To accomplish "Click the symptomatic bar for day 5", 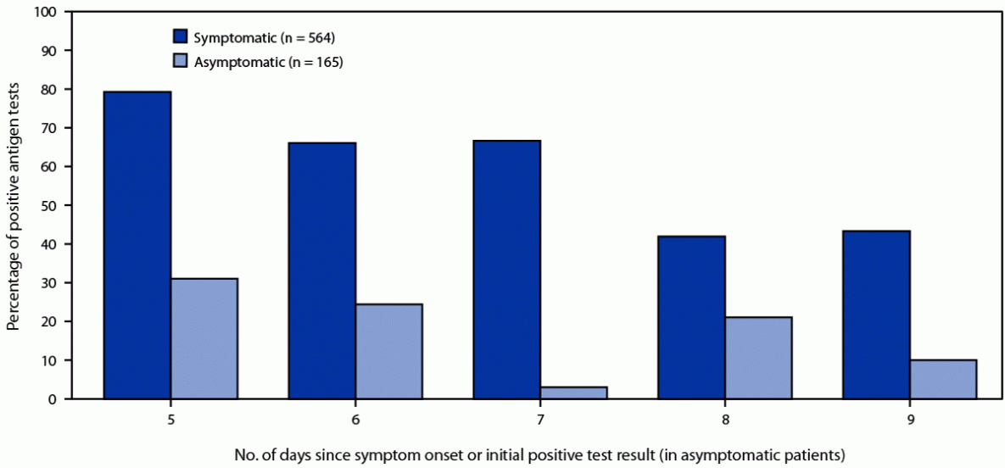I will (137, 245).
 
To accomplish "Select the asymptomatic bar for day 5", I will (204, 338).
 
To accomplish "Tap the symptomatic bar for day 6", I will (322, 270).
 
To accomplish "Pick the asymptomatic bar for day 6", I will (389, 351).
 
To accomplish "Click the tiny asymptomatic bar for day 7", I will (574, 393).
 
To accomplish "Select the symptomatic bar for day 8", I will (692, 317).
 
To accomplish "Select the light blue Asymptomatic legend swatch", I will (181, 62).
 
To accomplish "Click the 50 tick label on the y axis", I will (51, 206).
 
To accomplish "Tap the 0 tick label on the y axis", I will (54, 399).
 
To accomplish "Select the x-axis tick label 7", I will (540, 418).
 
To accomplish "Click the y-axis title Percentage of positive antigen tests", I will (14, 206).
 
